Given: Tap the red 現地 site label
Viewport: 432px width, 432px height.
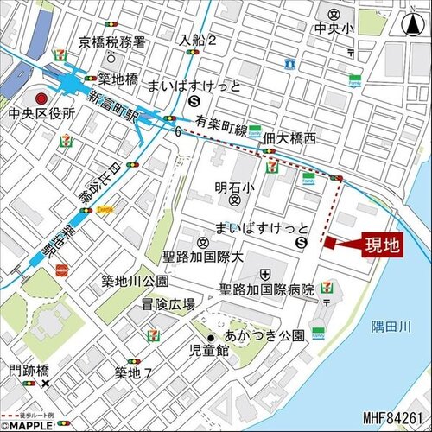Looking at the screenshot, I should tap(379, 245).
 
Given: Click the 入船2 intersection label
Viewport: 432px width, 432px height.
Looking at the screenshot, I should tap(198, 40).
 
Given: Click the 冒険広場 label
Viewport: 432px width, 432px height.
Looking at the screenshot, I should tap(168, 304).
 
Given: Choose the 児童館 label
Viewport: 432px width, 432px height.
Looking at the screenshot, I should tap(210, 351).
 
